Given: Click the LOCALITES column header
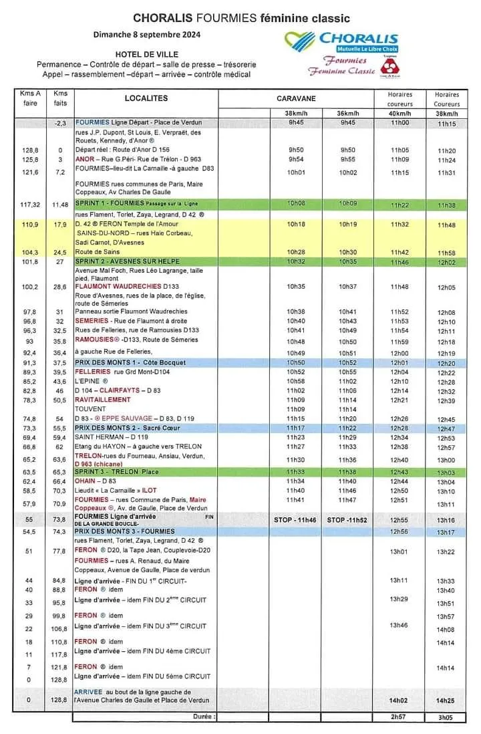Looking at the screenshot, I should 146,99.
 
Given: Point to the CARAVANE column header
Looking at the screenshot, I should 295,99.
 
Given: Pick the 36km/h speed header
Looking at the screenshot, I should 347,113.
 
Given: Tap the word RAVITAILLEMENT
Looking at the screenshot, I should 102,400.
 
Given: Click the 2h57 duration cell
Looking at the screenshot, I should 399,716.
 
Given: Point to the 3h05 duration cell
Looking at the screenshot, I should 446,716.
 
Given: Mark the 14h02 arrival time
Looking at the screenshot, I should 399,700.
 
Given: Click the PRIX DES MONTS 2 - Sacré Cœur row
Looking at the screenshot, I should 128,428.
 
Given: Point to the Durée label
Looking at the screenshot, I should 203,716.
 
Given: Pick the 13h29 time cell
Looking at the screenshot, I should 399,599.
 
